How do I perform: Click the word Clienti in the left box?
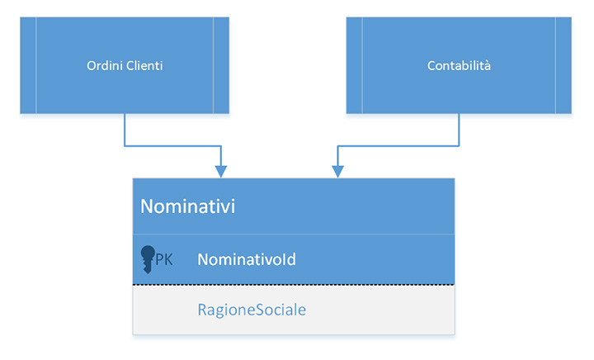pyautogui.click(x=144, y=66)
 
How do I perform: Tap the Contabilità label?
pyautogui.click(x=459, y=66)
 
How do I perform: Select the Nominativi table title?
pyautogui.click(x=187, y=206)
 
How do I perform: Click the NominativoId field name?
pyautogui.click(x=247, y=259)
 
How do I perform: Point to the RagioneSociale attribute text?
pyautogui.click(x=252, y=310)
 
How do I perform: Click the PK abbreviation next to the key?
pyautogui.click(x=164, y=260)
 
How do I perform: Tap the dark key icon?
pyautogui.click(x=148, y=259)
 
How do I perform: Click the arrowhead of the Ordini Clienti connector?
pyautogui.click(x=221, y=172)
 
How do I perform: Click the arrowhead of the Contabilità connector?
pyautogui.click(x=338, y=172)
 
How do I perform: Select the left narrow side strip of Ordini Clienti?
pyautogui.click(x=28, y=65)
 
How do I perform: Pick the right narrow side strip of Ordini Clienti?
pyautogui.click(x=221, y=65)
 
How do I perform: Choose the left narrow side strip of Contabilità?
pyautogui.click(x=355, y=65)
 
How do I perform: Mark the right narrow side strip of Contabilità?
pyautogui.click(x=563, y=65)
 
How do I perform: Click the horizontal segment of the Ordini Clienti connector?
pyautogui.click(x=172, y=146)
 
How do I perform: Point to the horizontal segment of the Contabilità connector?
pyautogui.click(x=398, y=146)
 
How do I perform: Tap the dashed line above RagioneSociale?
pyautogui.click(x=294, y=284)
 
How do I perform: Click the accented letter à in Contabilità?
pyautogui.click(x=488, y=66)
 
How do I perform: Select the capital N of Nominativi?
pyautogui.click(x=148, y=206)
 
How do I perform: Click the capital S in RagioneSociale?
pyautogui.click(x=256, y=310)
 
